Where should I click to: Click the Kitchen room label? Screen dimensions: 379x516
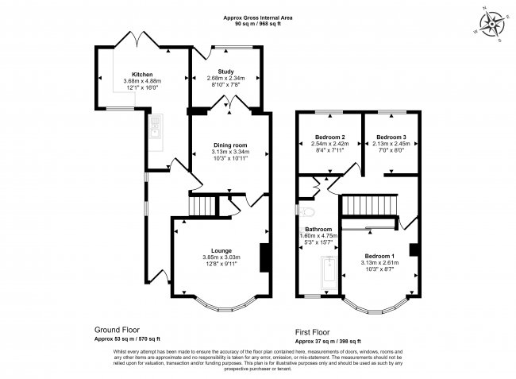[143, 74]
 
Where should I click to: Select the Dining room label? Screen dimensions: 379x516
[230, 145]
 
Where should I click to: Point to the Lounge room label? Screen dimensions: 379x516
[221, 250]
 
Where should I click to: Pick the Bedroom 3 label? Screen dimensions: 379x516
[391, 137]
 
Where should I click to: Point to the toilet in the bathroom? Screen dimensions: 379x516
[308, 212]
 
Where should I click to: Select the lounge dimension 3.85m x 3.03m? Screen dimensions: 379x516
[221, 257]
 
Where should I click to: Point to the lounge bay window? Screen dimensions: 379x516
[221, 305]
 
